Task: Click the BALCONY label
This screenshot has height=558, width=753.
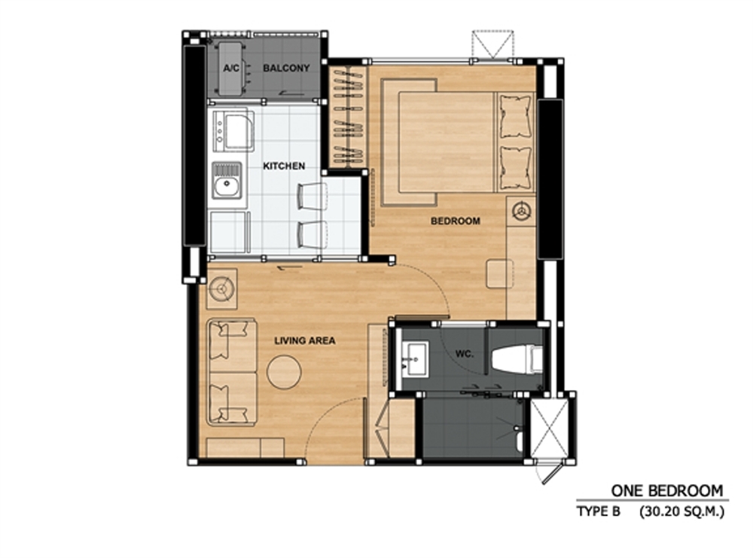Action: pyautogui.click(x=286, y=69)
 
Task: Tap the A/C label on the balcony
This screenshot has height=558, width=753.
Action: pyautogui.click(x=231, y=69)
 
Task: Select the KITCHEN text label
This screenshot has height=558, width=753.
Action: pyautogui.click(x=284, y=166)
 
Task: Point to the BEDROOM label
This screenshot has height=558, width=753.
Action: pyautogui.click(x=456, y=221)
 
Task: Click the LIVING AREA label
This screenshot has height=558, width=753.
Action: pyautogui.click(x=305, y=341)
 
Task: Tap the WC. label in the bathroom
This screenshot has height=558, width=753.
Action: pyautogui.click(x=465, y=355)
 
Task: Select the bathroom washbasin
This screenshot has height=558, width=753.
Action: pyautogui.click(x=415, y=358)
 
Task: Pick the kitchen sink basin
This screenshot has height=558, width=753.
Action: pyautogui.click(x=227, y=181)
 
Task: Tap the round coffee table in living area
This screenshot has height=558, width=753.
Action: pyautogui.click(x=285, y=372)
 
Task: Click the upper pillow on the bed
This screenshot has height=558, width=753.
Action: pyautogui.click(x=516, y=117)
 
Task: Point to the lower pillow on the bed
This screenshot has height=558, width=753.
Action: pyautogui.click(x=516, y=168)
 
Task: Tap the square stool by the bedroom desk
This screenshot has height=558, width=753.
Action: pyautogui.click(x=499, y=273)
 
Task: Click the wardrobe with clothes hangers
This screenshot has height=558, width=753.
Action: pyautogui.click(x=348, y=117)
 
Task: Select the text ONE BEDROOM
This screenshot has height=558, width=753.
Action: pyautogui.click(x=666, y=491)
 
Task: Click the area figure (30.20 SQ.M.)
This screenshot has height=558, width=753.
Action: pyautogui.click(x=681, y=512)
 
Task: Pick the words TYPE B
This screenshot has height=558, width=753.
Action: pyautogui.click(x=599, y=511)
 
